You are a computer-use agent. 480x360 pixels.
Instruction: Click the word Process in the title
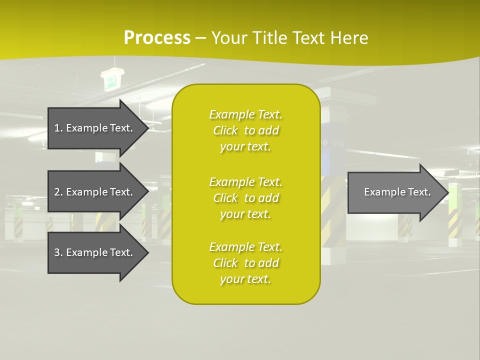pyautogui.click(x=157, y=38)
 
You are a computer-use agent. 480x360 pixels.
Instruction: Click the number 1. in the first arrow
pyautogui.click(x=58, y=128)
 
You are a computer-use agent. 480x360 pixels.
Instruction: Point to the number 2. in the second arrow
pyautogui.click(x=58, y=192)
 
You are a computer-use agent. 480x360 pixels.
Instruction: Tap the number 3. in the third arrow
pyautogui.click(x=58, y=252)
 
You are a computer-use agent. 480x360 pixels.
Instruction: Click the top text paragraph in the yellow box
pyautogui.click(x=245, y=130)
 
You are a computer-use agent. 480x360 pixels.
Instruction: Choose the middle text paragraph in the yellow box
pyautogui.click(x=245, y=198)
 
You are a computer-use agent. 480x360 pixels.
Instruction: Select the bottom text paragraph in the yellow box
pyautogui.click(x=245, y=263)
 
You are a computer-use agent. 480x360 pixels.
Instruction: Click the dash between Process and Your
pyautogui.click(x=200, y=38)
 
